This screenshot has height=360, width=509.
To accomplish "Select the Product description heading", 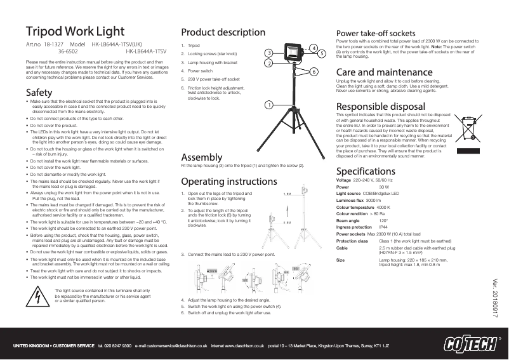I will (x=223, y=32).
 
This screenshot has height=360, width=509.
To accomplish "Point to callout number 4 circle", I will (x=313, y=48).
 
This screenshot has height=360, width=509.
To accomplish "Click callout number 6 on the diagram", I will (x=313, y=72).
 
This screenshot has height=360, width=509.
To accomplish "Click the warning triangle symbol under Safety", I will (x=39, y=293).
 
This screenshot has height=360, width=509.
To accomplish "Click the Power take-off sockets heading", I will (x=374, y=33).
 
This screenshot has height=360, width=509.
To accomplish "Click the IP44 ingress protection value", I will (x=383, y=227).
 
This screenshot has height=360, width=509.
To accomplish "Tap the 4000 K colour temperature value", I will (x=384, y=208).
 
